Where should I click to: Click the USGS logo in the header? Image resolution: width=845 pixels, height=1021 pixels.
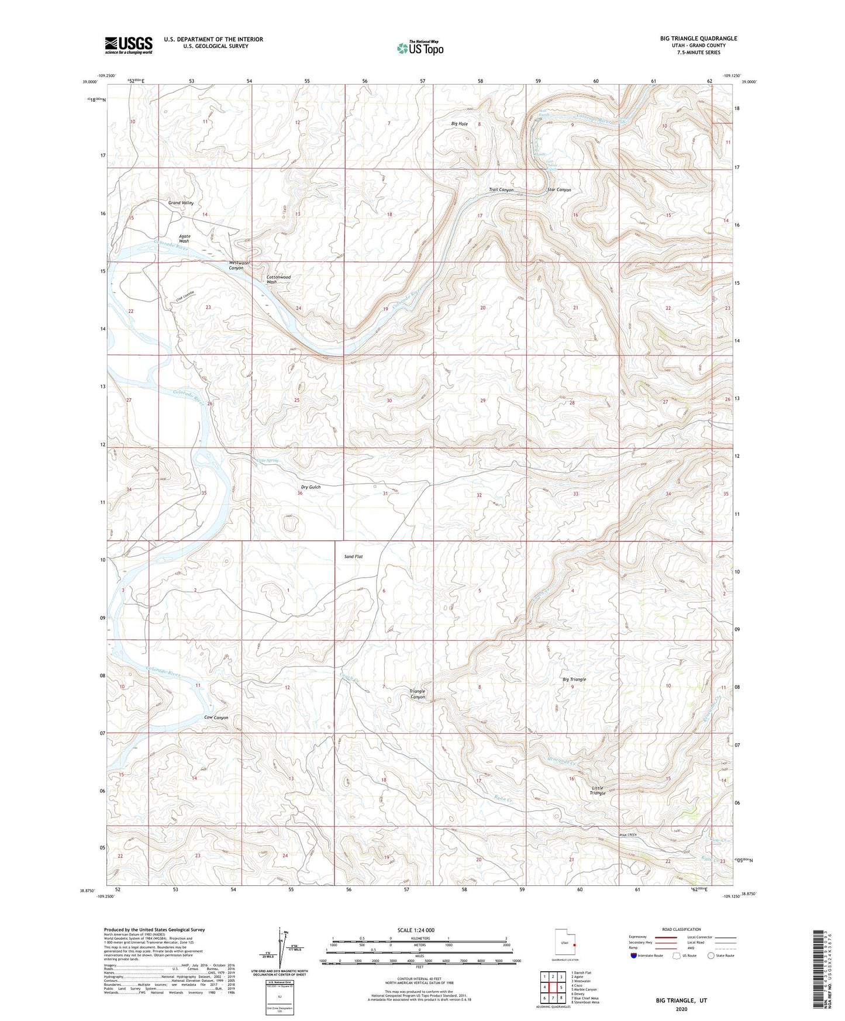(129, 44)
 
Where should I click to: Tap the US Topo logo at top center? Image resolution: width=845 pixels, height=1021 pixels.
(420, 48)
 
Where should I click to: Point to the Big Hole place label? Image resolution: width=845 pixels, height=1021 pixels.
(459, 124)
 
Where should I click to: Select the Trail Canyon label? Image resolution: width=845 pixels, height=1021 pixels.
(501, 190)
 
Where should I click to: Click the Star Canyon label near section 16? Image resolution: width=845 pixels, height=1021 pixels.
(558, 190)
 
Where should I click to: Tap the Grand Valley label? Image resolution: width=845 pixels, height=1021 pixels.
(181, 203)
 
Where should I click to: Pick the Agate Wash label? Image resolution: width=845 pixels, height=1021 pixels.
(184, 239)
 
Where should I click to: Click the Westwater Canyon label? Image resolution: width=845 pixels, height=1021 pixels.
(239, 265)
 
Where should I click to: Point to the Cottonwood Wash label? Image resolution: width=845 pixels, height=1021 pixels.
(278, 280)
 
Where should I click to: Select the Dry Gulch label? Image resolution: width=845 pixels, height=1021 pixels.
(311, 487)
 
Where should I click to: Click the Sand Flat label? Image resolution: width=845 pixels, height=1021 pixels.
(353, 557)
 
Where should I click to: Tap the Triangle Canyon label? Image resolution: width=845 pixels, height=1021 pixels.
(417, 694)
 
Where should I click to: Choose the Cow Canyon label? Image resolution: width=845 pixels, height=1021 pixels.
(216, 718)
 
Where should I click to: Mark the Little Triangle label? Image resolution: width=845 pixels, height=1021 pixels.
(597, 790)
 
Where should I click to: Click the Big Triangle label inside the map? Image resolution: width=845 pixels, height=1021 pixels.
(574, 679)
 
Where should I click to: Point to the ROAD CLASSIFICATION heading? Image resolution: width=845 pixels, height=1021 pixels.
(681, 929)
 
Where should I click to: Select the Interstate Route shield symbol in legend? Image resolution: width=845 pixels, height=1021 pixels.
(634, 956)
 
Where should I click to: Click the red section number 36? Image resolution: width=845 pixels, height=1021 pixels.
(299, 494)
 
